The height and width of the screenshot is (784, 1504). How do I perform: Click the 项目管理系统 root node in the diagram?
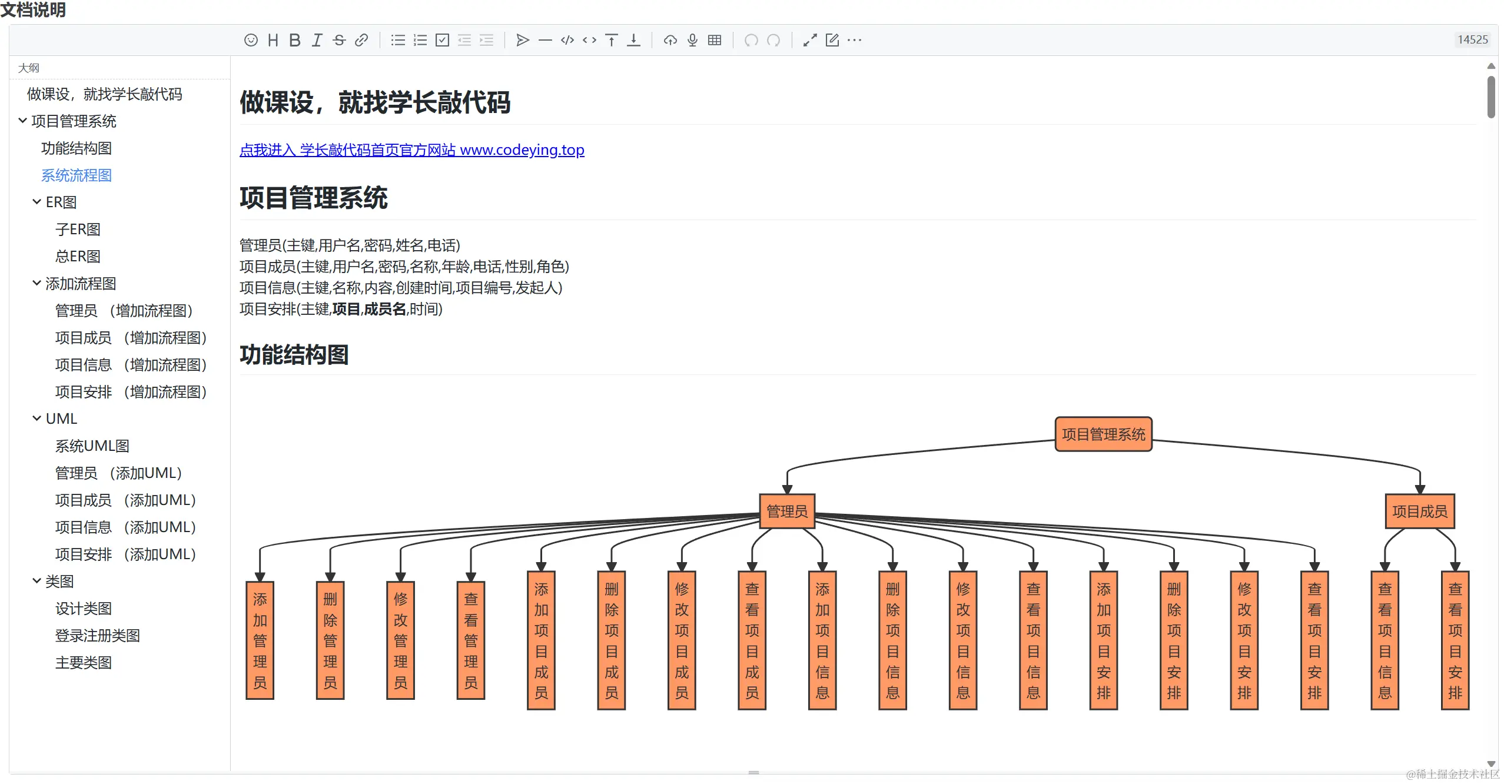[1103, 434]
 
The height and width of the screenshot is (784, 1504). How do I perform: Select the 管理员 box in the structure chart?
[787, 511]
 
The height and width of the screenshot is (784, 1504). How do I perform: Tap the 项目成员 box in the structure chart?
[1419, 511]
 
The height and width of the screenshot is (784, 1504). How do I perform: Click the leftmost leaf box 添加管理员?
[260, 640]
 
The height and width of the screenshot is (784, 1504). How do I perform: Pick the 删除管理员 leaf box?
[330, 640]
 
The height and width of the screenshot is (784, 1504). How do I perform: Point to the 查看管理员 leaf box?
[471, 640]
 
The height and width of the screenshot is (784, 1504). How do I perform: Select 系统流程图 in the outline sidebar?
[77, 175]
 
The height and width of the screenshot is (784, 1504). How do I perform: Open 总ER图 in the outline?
[78, 257]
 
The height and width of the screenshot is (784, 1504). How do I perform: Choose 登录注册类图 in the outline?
[98, 636]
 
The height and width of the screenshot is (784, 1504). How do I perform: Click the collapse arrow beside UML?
[36, 418]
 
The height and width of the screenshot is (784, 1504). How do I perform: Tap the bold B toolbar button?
[295, 40]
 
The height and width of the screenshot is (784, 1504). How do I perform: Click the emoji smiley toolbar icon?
[251, 40]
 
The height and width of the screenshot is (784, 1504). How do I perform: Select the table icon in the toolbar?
[715, 40]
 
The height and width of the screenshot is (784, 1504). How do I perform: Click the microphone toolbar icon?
[693, 40]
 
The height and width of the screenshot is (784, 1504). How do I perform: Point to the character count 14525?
[1472, 40]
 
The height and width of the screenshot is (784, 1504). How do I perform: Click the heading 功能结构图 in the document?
[294, 355]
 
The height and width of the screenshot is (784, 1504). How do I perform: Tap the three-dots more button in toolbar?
[855, 40]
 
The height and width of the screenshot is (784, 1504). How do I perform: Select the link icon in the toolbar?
[361, 40]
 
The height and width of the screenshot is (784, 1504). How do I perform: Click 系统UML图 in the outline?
[92, 446]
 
